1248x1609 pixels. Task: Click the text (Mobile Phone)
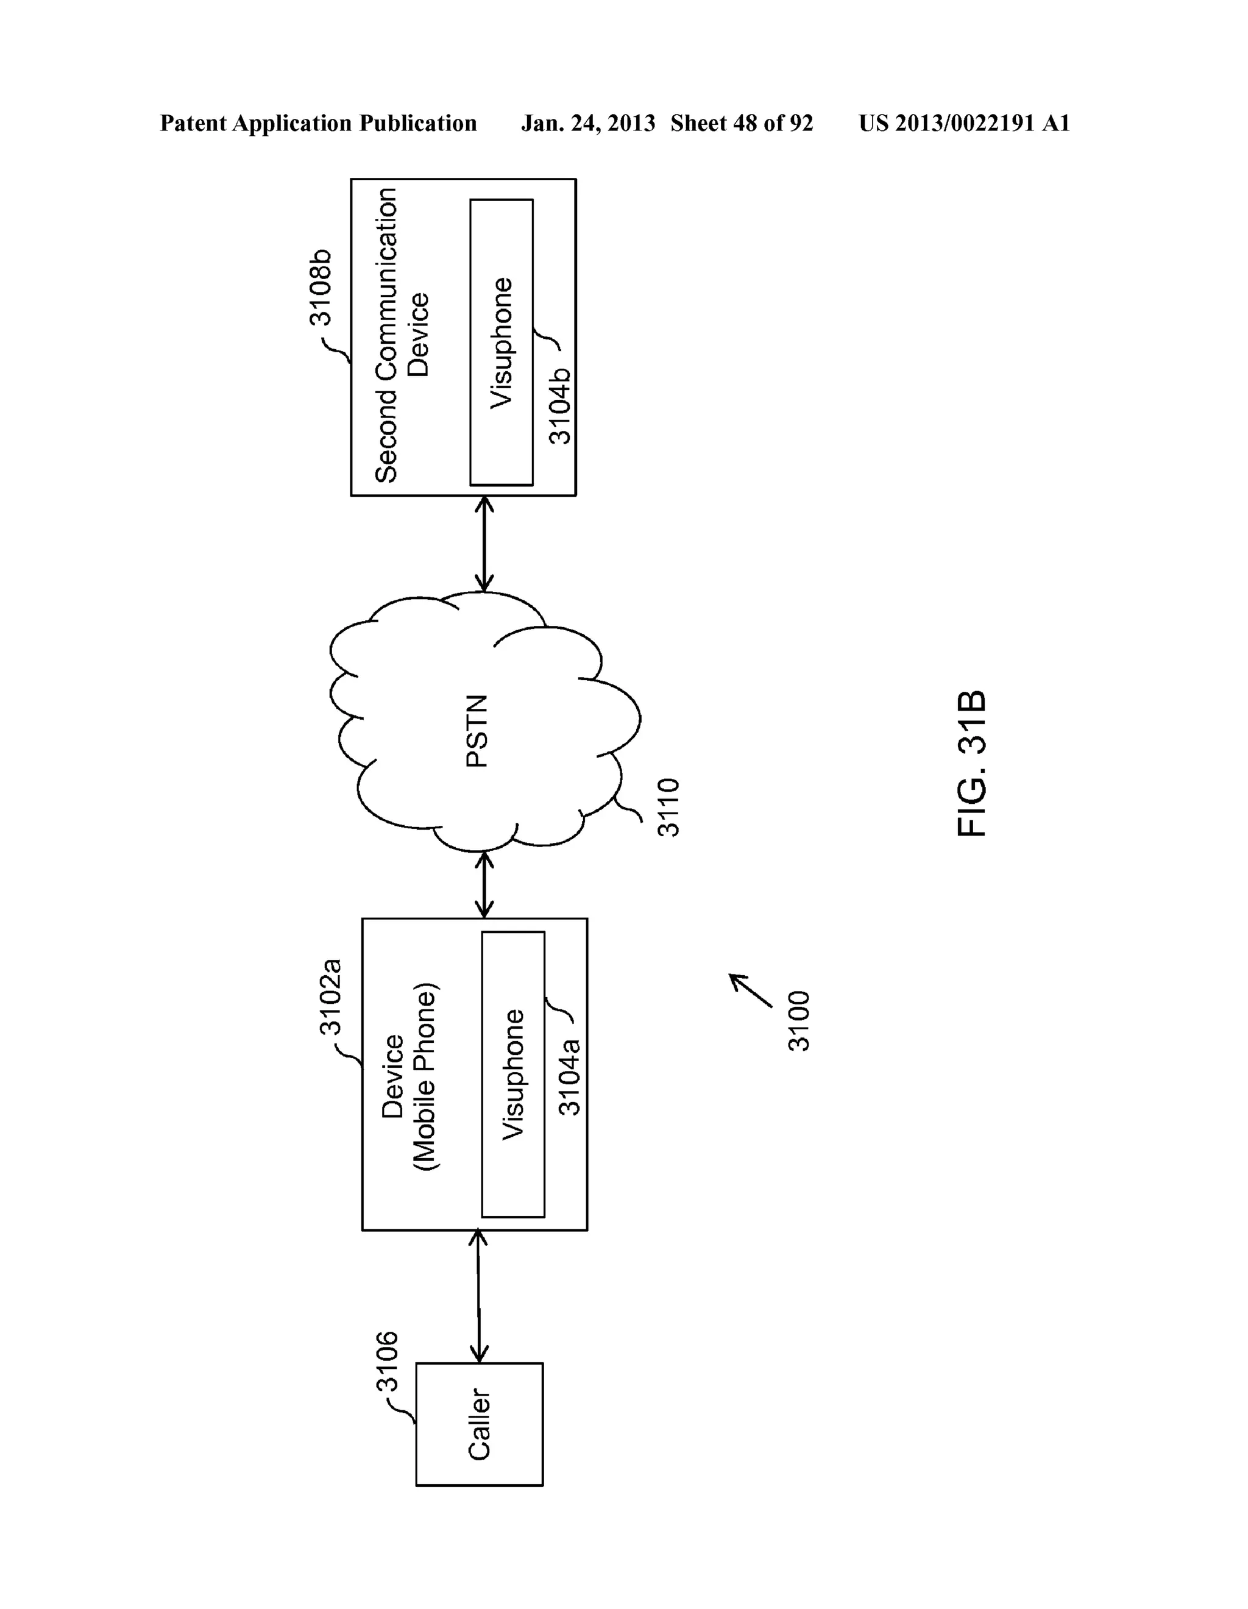pos(426,1076)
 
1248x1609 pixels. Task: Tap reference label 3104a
pos(570,1076)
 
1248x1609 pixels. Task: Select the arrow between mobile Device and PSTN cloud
pos(484,885)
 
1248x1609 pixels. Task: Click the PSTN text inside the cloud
pos(477,731)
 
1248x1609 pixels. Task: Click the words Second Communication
pos(385,335)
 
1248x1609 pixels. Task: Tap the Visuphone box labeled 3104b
pos(502,342)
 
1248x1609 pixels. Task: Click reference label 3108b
pos(321,287)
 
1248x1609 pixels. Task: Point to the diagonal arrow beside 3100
pos(750,989)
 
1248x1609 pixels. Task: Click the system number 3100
pos(799,1020)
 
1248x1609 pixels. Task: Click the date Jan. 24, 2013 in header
pos(588,124)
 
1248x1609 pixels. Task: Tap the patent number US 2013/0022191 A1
pos(963,124)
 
